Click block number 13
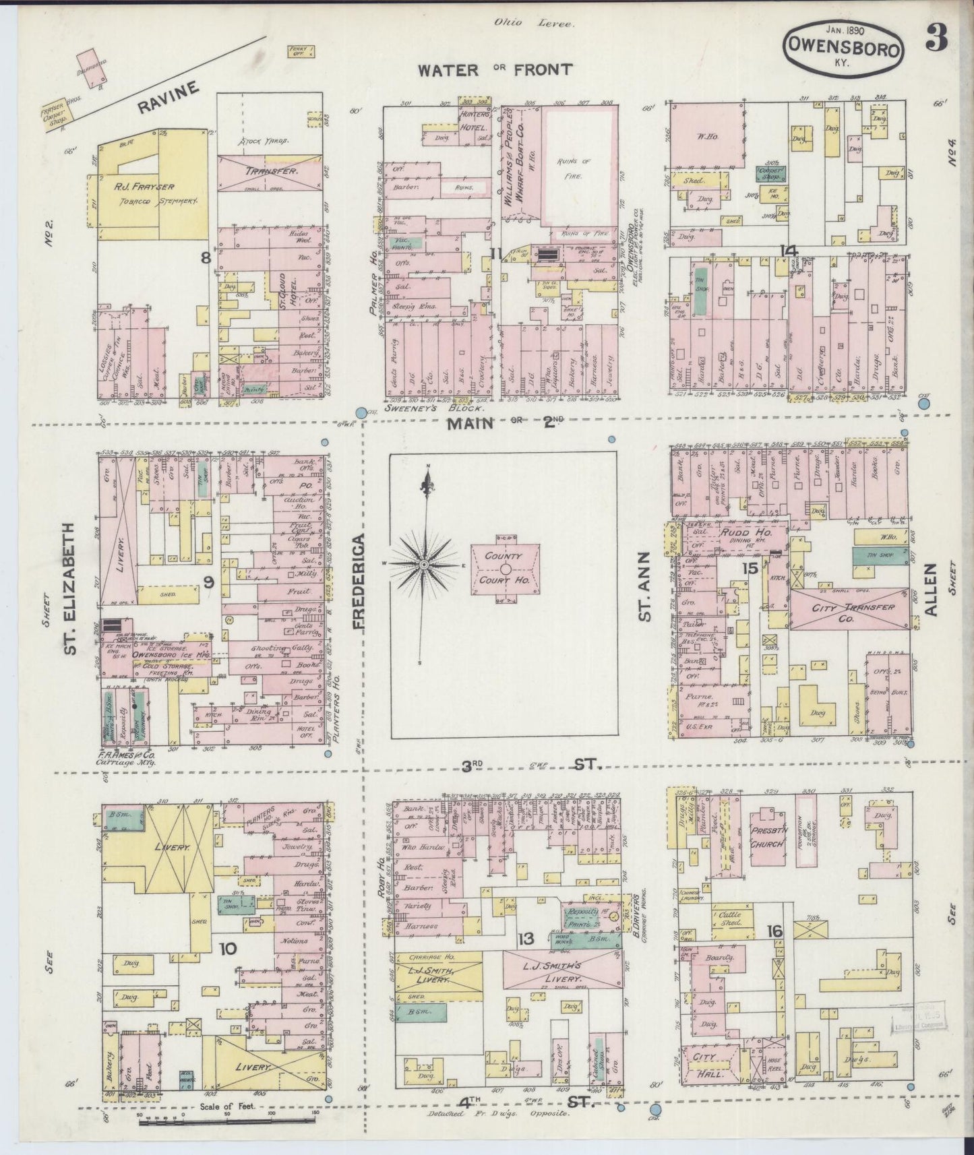coord(526,939)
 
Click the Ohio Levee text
coord(533,23)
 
